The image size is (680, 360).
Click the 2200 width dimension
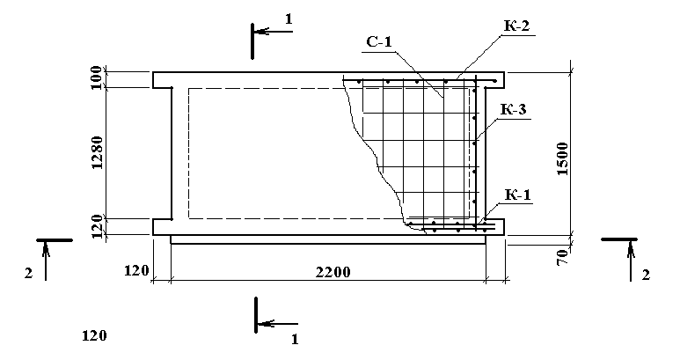333,272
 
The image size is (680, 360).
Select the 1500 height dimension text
562,158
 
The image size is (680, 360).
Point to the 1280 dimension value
97,152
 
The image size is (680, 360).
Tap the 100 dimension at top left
97,77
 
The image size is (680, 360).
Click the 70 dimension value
562,258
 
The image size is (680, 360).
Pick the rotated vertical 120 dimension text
97,226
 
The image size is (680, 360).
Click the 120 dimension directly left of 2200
136,270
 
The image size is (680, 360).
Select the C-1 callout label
378,41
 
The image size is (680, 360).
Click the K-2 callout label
516,26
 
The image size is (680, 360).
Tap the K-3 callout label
514,109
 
